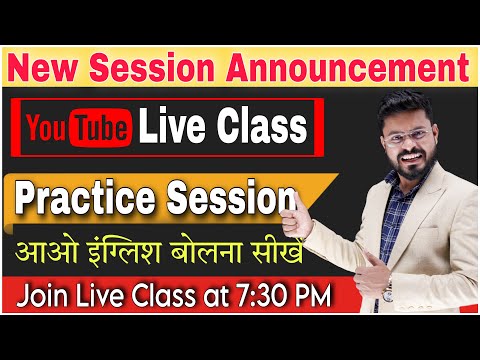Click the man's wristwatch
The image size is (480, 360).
(x=386, y=292)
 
